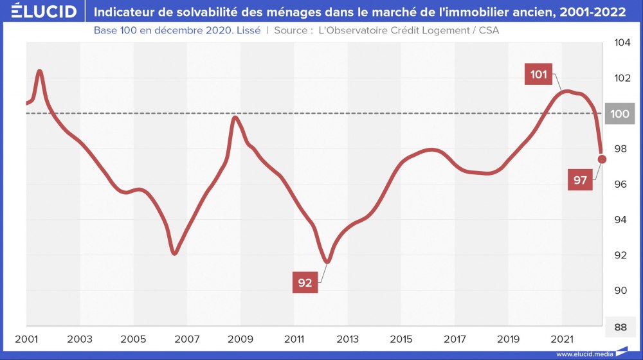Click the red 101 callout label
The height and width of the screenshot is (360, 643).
click(539, 75)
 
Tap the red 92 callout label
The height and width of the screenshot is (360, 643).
click(305, 282)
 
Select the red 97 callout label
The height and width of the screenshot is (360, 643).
click(581, 181)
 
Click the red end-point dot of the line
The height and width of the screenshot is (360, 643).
click(602, 159)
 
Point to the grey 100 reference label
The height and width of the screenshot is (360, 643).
click(620, 114)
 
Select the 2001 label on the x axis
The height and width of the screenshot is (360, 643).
click(26, 339)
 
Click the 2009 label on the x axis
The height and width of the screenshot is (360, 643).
click(240, 339)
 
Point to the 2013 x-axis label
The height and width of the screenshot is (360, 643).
click(348, 339)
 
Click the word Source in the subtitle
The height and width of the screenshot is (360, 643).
click(293, 30)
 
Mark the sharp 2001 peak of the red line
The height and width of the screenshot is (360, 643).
click(40, 71)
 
